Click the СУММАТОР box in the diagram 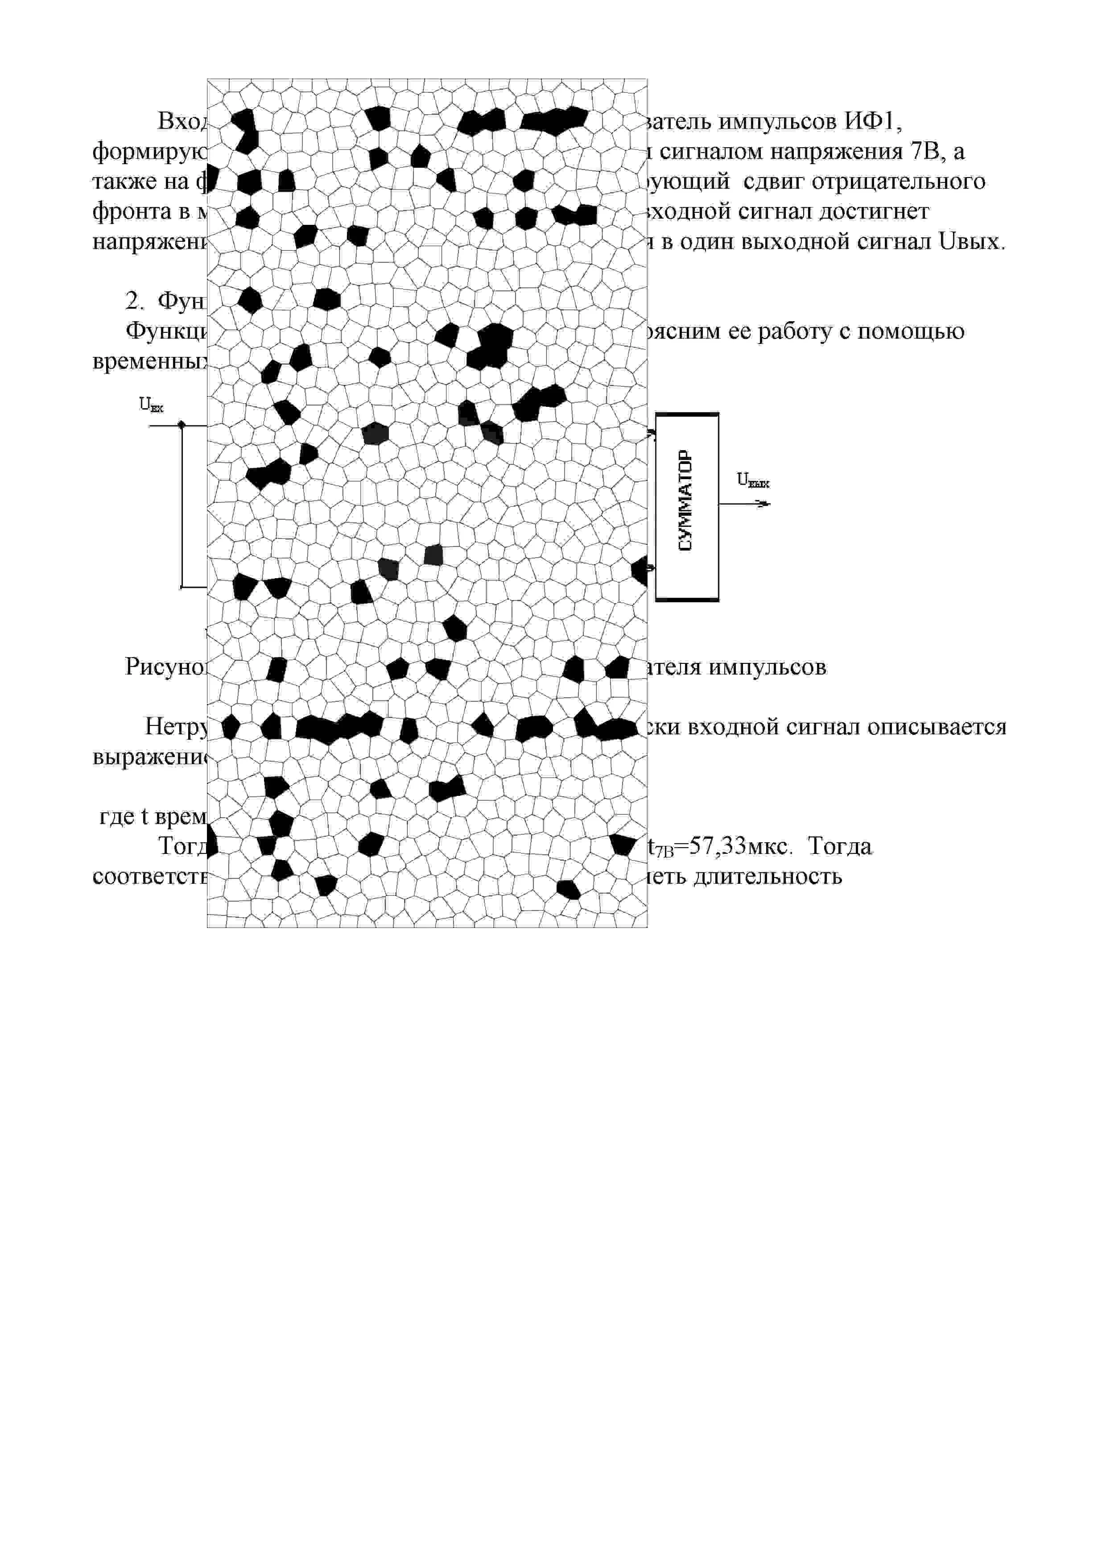(687, 506)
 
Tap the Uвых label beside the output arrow (752, 480)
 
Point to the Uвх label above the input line (151, 405)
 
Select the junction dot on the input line (181, 425)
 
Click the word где (116, 816)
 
